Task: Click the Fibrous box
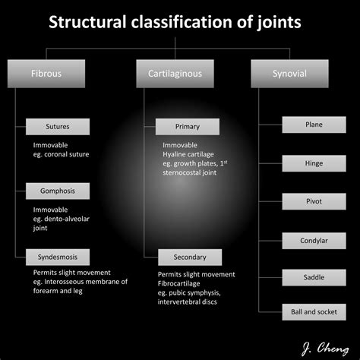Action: [x=46, y=74]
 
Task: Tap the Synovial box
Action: [x=289, y=74]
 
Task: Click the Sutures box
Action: [x=58, y=127]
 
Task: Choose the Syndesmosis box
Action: [x=58, y=257]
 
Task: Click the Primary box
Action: [x=188, y=127]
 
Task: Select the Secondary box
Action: [x=190, y=257]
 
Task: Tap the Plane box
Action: [x=314, y=124]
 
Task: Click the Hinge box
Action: [x=314, y=163]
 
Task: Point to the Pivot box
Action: [x=314, y=201]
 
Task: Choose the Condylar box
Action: [x=314, y=241]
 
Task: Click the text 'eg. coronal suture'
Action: [x=61, y=154]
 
